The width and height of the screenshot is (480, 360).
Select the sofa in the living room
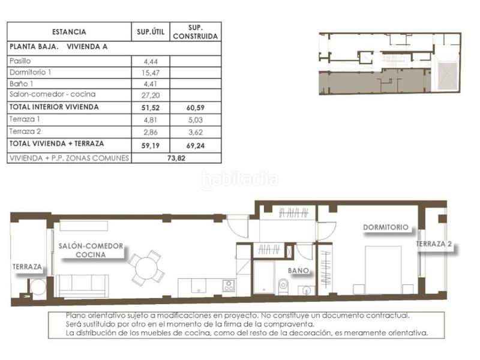coord(82,286)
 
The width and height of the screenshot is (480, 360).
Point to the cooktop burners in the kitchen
coord(228,286)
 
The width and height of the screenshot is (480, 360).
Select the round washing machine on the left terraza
coord(38,287)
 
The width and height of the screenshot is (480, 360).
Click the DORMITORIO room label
coord(386,227)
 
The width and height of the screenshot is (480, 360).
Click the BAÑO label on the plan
coord(298,271)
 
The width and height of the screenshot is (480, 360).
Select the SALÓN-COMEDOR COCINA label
coord(91,250)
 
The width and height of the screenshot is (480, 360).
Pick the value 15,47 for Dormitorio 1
coord(151,72)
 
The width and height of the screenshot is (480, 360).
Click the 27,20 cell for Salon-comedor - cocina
coord(151,95)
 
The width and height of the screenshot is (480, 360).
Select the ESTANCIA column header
coord(69,32)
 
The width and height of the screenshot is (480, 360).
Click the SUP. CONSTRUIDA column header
coord(196,32)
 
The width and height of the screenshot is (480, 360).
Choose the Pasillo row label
coord(20,61)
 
